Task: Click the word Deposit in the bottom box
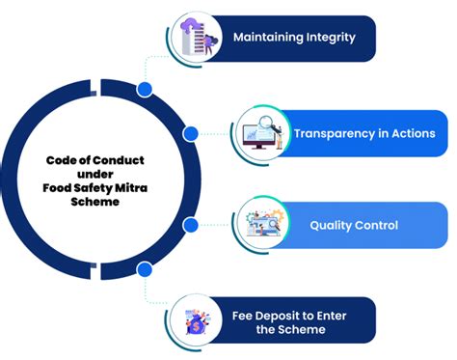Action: pyautogui.click(x=287, y=315)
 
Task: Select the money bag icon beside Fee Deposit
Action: pyautogui.click(x=193, y=321)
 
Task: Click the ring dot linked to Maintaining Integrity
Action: pyautogui.click(x=145, y=89)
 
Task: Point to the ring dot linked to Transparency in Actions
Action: pyautogui.click(x=191, y=133)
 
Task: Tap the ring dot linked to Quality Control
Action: pyautogui.click(x=191, y=225)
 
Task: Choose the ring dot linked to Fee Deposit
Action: pyautogui.click(x=145, y=268)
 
